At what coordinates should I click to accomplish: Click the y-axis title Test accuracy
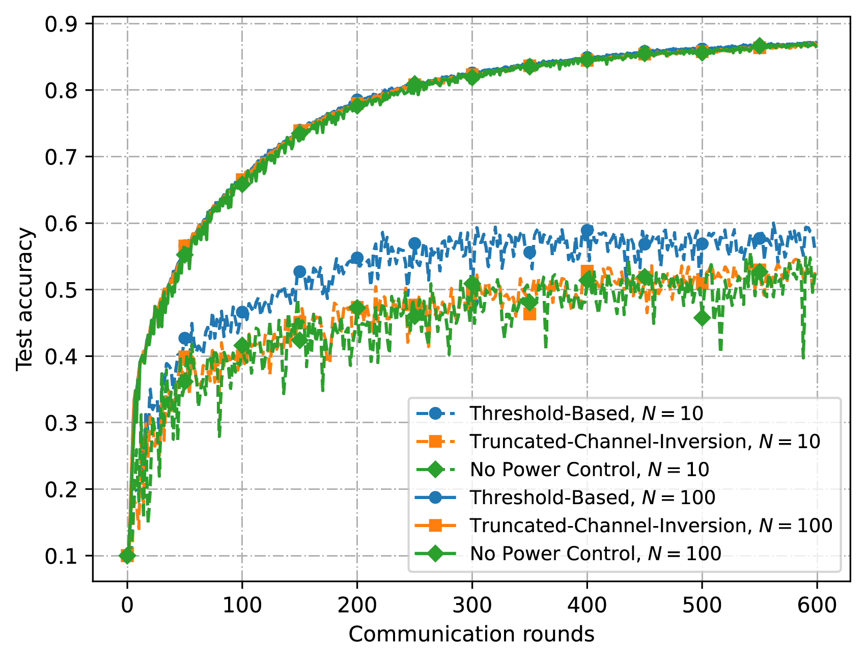[x=24, y=300]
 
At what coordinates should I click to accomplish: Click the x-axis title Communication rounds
[x=471, y=635]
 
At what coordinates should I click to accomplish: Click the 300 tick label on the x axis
[x=472, y=605]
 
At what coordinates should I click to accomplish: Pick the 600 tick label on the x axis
[x=817, y=605]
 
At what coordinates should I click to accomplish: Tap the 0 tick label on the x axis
[x=127, y=605]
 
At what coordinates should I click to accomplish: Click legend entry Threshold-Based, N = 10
[x=586, y=413]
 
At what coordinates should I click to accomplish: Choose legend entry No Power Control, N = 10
[x=589, y=469]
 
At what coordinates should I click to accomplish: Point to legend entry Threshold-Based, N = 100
[x=592, y=497]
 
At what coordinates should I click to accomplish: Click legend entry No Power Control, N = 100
[x=595, y=553]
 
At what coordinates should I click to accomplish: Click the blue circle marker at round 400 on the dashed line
[x=587, y=230]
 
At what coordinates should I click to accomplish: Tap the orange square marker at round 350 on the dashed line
[x=529, y=314]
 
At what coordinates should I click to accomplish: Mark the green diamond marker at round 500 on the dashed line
[x=702, y=318]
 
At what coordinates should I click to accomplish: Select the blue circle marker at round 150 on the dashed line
[x=300, y=271]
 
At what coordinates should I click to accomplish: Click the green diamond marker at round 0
[x=127, y=556]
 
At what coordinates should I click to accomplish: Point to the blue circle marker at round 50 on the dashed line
[x=185, y=338]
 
